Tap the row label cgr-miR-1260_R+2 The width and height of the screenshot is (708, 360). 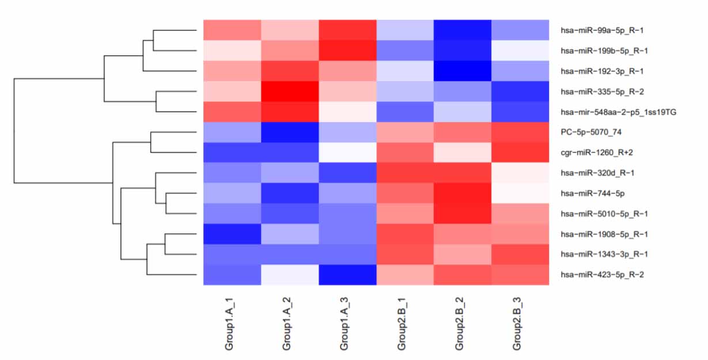593,152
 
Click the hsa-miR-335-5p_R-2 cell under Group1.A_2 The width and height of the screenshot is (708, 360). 290,91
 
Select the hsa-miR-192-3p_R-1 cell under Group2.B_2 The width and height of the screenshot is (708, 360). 463,71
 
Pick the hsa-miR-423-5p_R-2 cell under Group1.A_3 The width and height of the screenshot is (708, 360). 347,275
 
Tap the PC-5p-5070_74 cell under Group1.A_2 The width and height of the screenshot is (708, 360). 290,132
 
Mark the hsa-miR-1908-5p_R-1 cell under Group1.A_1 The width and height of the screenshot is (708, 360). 232,234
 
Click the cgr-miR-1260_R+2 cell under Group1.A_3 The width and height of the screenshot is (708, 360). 347,152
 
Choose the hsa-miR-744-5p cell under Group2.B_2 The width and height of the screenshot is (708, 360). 463,193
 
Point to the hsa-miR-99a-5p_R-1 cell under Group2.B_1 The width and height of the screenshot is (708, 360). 405,30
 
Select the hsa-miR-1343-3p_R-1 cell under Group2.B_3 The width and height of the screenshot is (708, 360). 520,254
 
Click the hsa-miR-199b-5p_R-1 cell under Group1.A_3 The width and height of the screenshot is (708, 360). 347,50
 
